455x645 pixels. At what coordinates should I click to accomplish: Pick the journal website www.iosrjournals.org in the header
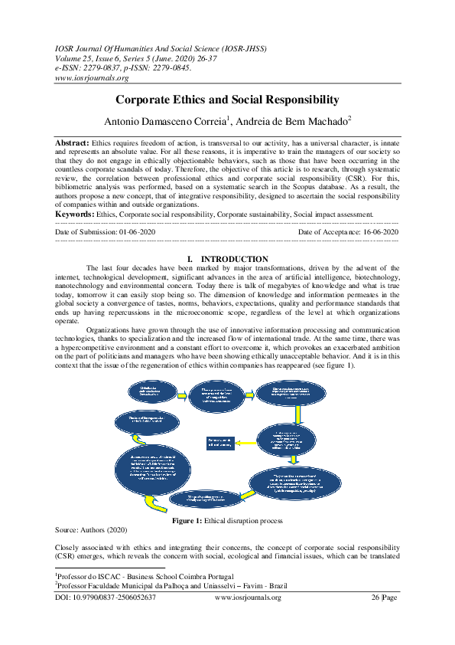(x=92, y=77)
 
